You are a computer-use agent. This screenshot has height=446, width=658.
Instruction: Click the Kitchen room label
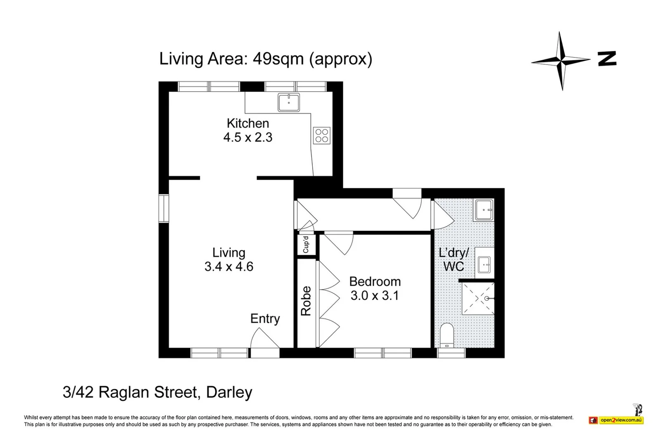coord(247,123)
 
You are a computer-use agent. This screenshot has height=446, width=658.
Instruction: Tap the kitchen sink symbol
coord(289,102)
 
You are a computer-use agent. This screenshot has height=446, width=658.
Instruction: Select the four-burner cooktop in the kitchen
coord(322,135)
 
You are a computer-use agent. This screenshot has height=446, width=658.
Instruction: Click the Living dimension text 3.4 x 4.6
coord(228,266)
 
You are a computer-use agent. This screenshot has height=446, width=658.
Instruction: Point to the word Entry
coord(265,318)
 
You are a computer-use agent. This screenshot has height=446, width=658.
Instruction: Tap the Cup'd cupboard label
coord(306,244)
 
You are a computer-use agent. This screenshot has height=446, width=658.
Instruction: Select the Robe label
coord(306,301)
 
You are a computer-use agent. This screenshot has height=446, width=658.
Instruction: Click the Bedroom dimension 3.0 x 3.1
coord(374,295)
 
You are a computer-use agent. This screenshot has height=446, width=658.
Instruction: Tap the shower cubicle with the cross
coord(477,298)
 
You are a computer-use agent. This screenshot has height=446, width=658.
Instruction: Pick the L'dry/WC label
coord(454,259)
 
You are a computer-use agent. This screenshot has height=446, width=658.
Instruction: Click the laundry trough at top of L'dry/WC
coord(483,210)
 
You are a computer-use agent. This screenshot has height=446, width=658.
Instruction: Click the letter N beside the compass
coord(607,59)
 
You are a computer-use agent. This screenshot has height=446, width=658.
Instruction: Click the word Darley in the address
coord(229,392)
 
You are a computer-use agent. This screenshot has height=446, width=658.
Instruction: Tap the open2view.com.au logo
coord(621,420)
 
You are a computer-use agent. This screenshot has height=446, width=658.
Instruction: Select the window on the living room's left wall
coord(164,209)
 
